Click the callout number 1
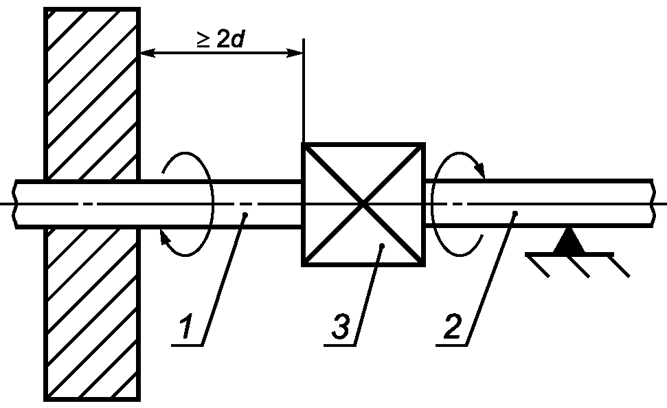pos(186,326)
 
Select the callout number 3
pos(341,326)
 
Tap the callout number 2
pos(453,326)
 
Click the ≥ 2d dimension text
pos(221,39)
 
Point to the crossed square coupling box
pos(363,205)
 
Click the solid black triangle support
pos(569,241)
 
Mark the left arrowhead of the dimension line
pos(148,53)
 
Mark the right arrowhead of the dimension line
pos(295,53)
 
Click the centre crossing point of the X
pos(363,205)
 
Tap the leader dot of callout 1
pos(245,214)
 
